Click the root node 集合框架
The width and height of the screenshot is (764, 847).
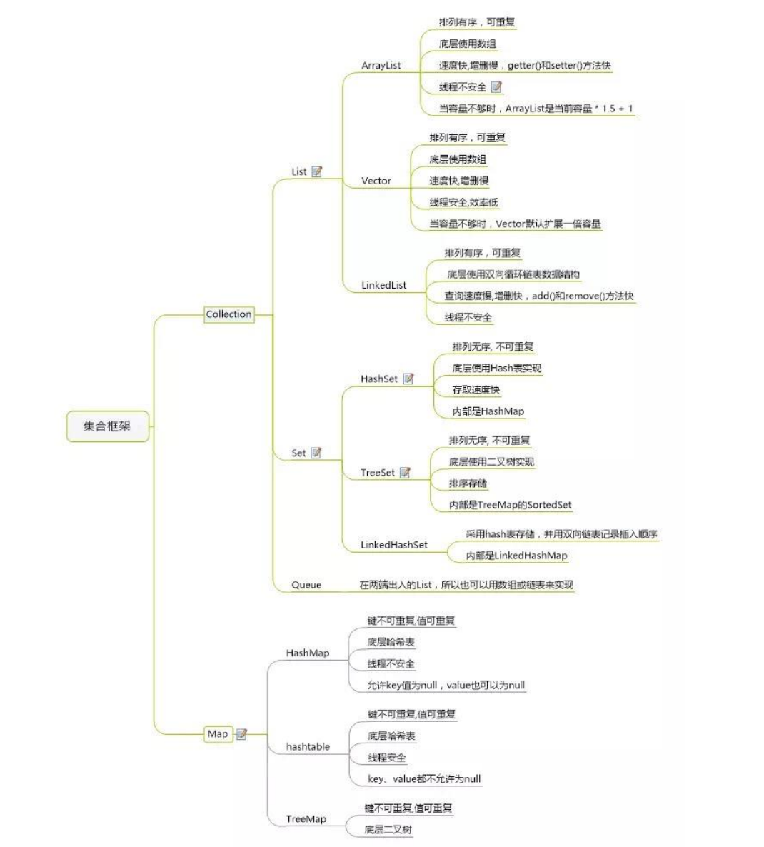click(x=107, y=426)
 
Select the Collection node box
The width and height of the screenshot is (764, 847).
click(x=228, y=314)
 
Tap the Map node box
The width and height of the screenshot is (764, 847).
click(x=217, y=734)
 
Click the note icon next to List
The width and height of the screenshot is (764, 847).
click(x=317, y=171)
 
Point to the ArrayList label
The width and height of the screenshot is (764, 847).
click(x=381, y=66)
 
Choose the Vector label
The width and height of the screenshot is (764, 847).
click(x=376, y=181)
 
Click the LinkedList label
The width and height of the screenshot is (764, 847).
click(x=383, y=286)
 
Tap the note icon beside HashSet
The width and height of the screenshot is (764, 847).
click(x=408, y=379)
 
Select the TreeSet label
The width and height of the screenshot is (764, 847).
click(x=378, y=473)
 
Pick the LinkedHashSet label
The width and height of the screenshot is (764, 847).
click(x=394, y=545)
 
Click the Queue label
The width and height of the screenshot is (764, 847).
click(x=306, y=585)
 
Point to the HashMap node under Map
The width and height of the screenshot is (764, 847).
click(x=308, y=653)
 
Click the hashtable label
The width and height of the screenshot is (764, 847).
click(x=308, y=747)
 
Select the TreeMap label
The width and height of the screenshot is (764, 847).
click(x=306, y=819)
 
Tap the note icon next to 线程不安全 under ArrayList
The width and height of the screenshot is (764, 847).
click(x=497, y=87)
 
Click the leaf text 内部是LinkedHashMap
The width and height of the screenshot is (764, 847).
click(x=516, y=556)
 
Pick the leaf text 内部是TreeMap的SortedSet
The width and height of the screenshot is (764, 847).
click(x=510, y=505)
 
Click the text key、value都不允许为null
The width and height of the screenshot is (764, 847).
click(x=424, y=779)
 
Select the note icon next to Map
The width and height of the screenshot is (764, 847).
click(x=242, y=734)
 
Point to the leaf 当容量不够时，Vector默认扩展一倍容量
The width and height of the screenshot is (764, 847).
click(x=515, y=224)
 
